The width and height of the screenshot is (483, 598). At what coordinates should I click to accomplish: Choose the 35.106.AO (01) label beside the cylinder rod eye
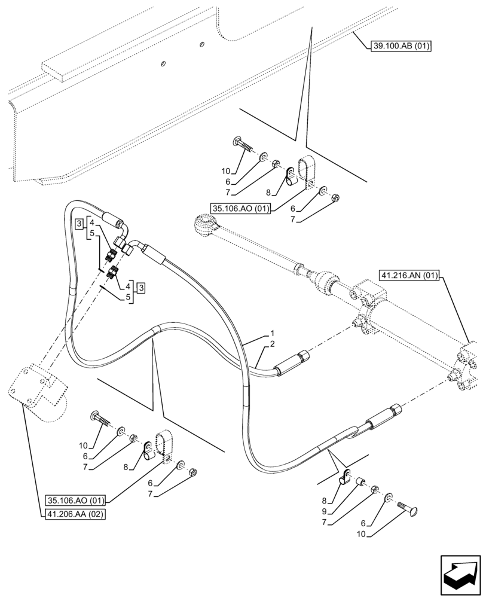(241, 208)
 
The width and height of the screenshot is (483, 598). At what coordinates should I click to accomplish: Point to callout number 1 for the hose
(272, 333)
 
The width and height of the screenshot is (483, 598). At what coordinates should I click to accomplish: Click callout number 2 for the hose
(272, 344)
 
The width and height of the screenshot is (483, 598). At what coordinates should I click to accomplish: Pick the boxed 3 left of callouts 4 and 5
(79, 224)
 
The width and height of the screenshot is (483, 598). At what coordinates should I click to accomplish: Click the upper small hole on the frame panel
(201, 45)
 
